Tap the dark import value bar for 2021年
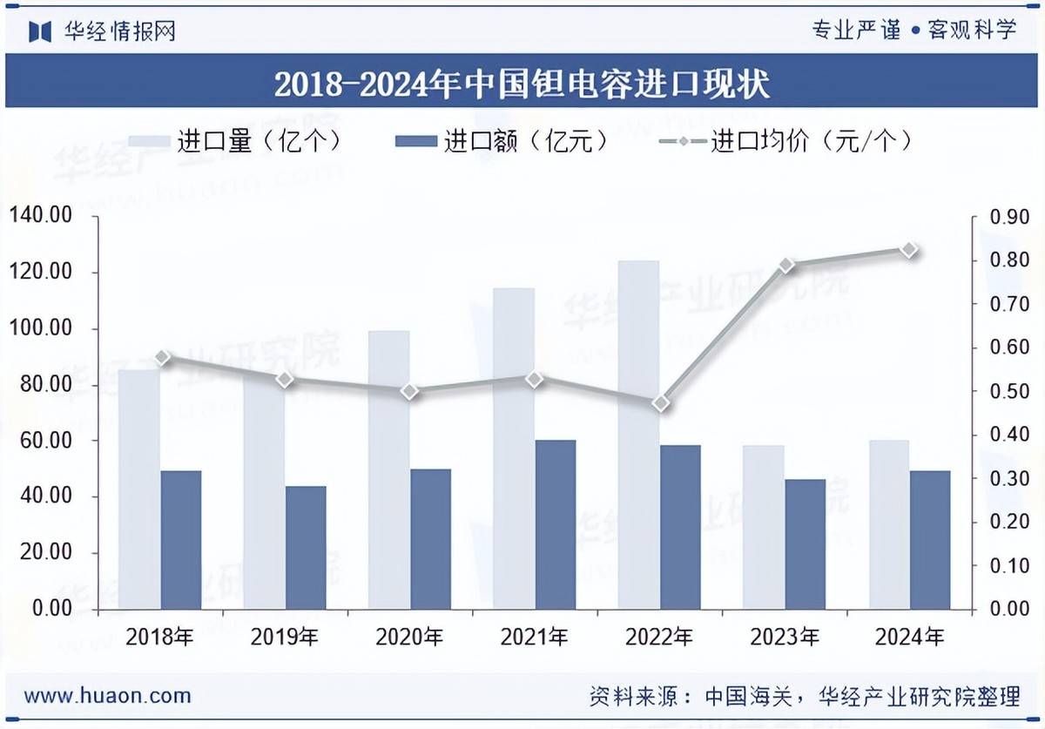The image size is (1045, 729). pyautogui.click(x=555, y=523)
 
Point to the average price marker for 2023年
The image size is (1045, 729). pyautogui.click(x=786, y=265)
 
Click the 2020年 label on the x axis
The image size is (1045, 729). pyautogui.click(x=410, y=637)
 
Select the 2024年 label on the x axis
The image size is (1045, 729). pyautogui.click(x=910, y=637)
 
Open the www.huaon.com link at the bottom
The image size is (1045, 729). pyautogui.click(x=108, y=695)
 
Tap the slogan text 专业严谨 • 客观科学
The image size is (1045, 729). pyautogui.click(x=914, y=30)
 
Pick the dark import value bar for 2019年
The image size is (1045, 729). pyautogui.click(x=306, y=547)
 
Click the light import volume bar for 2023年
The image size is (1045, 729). pyautogui.click(x=764, y=527)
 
